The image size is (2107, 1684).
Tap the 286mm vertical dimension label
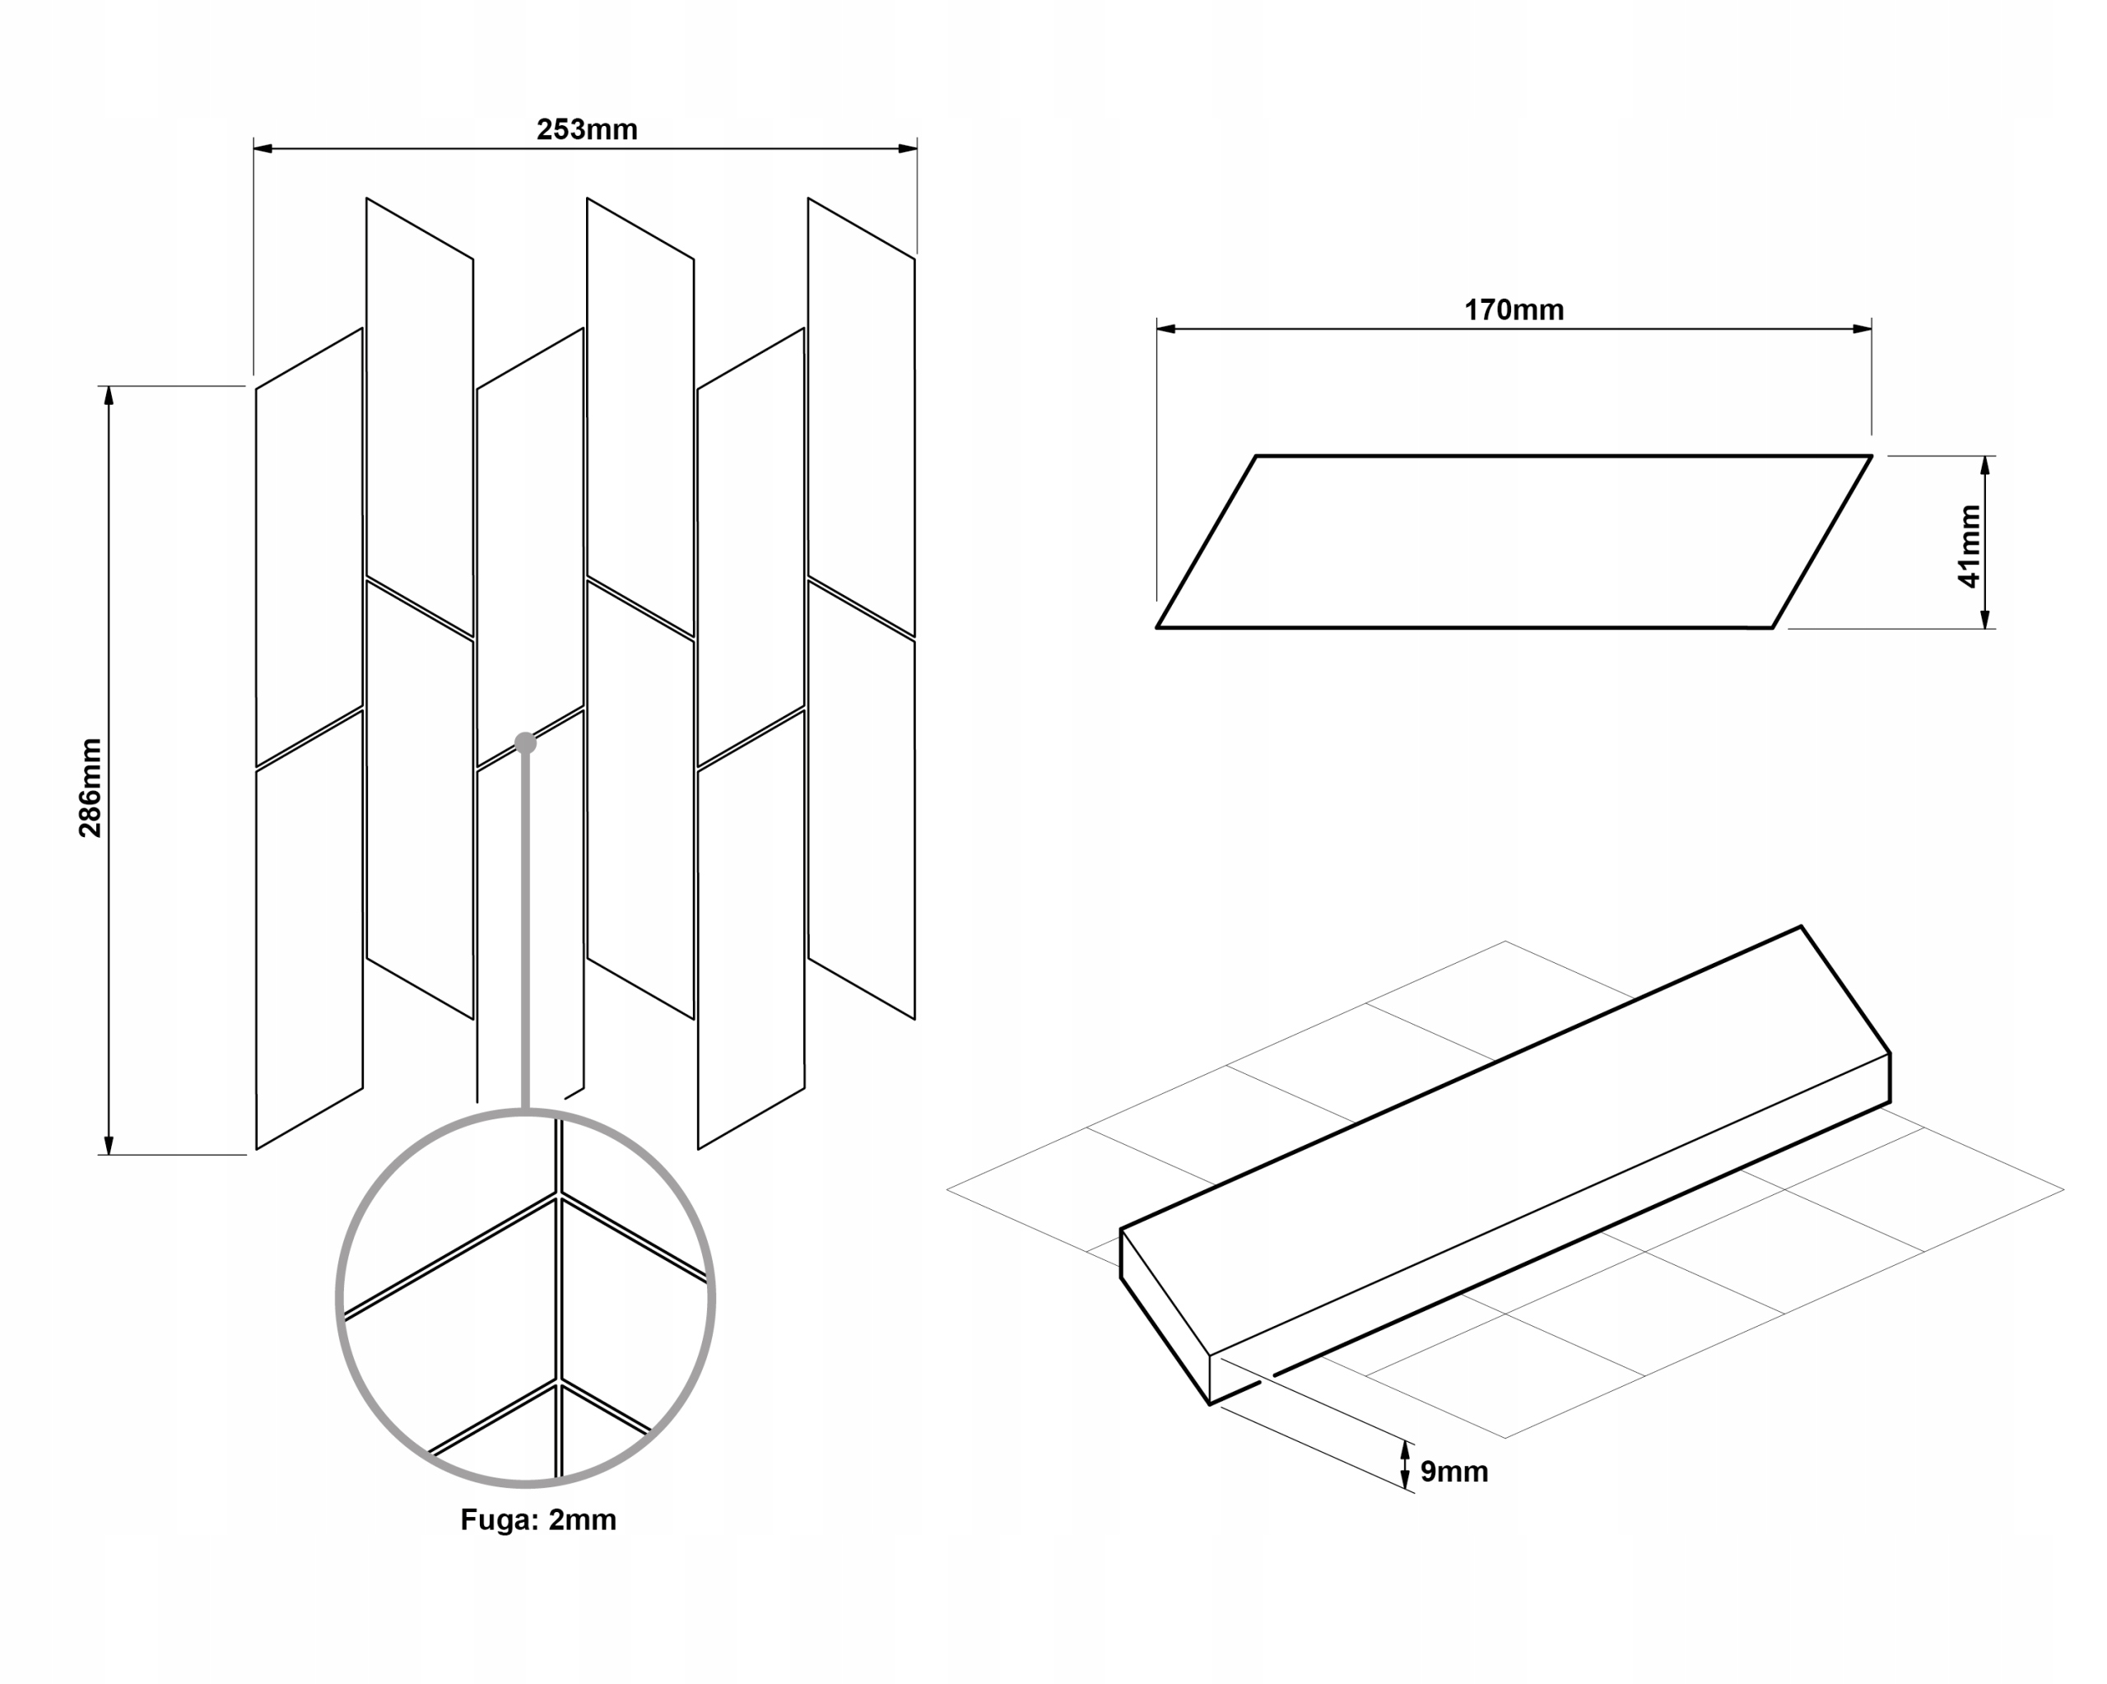point(90,788)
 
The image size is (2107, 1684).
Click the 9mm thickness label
point(1454,1472)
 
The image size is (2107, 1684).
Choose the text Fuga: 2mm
point(538,1520)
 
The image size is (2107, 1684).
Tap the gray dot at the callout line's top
point(525,744)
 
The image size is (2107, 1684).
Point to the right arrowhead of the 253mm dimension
point(908,148)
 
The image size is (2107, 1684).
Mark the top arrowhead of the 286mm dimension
point(109,395)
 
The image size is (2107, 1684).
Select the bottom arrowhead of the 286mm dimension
point(109,1146)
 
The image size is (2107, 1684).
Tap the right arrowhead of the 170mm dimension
point(1862,329)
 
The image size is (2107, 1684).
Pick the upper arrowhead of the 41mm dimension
point(1985,465)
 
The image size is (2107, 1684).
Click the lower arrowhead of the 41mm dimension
point(1985,619)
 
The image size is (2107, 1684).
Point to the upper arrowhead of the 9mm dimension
point(1405,1450)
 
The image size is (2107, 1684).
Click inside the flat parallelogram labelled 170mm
point(1514,542)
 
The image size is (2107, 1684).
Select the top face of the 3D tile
point(1505,1143)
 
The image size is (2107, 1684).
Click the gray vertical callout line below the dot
point(526,928)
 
